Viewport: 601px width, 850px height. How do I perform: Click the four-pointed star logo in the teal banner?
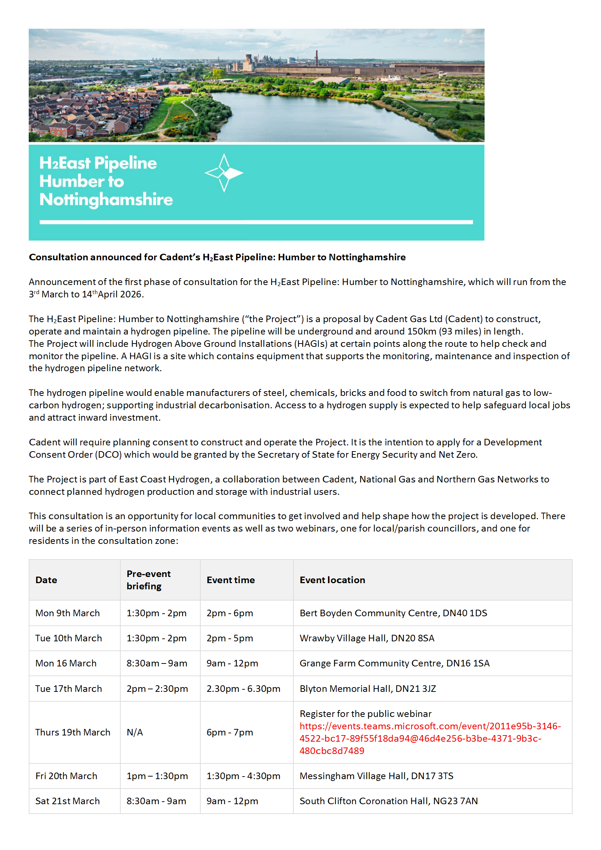[224, 173]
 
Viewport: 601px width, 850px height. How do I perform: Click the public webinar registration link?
[429, 738]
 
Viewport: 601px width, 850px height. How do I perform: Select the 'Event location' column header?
[332, 580]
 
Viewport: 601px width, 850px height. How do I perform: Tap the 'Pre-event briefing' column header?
[148, 580]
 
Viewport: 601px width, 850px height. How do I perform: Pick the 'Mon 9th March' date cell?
[67, 613]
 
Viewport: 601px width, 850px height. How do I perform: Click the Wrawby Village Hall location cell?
[366, 638]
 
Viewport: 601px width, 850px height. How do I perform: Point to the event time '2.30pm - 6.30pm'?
[243, 689]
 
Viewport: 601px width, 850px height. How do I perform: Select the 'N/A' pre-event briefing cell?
[135, 732]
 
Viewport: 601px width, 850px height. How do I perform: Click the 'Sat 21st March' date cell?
[67, 801]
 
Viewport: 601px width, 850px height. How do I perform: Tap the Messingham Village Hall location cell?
[376, 776]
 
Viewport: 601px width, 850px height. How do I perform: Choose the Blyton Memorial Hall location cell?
[367, 689]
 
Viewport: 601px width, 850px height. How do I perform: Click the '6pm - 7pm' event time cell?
[229, 732]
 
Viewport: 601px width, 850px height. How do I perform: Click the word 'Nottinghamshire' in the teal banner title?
[106, 200]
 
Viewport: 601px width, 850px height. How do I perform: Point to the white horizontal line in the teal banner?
[256, 222]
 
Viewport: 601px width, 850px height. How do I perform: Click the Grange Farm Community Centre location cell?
[394, 663]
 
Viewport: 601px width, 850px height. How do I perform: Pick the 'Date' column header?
[46, 580]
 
